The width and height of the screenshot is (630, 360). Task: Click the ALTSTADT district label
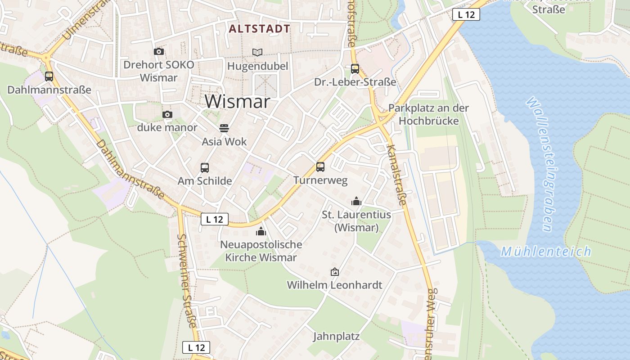tap(259, 29)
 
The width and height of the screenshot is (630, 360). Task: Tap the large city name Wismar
tap(238, 102)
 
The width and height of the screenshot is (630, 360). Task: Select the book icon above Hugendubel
tap(257, 53)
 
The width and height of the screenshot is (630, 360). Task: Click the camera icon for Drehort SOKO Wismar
tap(159, 52)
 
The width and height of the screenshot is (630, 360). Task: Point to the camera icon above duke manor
tap(167, 115)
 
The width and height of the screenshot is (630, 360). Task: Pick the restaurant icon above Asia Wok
tap(224, 128)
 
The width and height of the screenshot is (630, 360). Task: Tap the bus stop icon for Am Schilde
tap(205, 168)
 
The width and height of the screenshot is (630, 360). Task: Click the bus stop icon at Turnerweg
tap(320, 167)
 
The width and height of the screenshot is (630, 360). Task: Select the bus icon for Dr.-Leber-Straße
tap(355, 69)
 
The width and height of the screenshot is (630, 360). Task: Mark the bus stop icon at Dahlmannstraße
tap(49, 76)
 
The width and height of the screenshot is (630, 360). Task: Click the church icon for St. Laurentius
tap(356, 201)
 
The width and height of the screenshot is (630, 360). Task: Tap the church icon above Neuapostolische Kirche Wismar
tap(261, 232)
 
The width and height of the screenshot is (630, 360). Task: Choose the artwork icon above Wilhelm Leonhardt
tap(334, 272)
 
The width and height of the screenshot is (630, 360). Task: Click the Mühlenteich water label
tap(546, 252)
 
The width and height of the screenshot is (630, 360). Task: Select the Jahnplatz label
tap(336, 336)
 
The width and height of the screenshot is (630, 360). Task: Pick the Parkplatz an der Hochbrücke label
tap(428, 114)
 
